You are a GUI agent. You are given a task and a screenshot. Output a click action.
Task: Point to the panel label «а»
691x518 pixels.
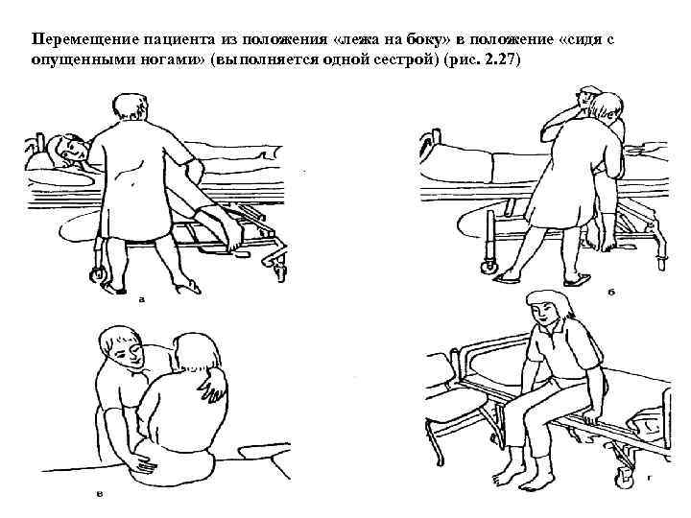(x=141, y=300)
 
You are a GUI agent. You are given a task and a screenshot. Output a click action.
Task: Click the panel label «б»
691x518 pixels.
(x=611, y=292)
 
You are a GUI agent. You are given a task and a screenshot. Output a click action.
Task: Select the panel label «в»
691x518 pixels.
(x=100, y=494)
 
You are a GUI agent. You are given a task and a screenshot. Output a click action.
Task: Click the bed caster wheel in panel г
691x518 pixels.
(x=624, y=479)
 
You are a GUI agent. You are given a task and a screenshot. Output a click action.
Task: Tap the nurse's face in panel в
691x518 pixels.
(x=129, y=352)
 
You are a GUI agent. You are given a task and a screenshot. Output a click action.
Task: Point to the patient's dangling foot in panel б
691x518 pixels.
(x=606, y=241)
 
